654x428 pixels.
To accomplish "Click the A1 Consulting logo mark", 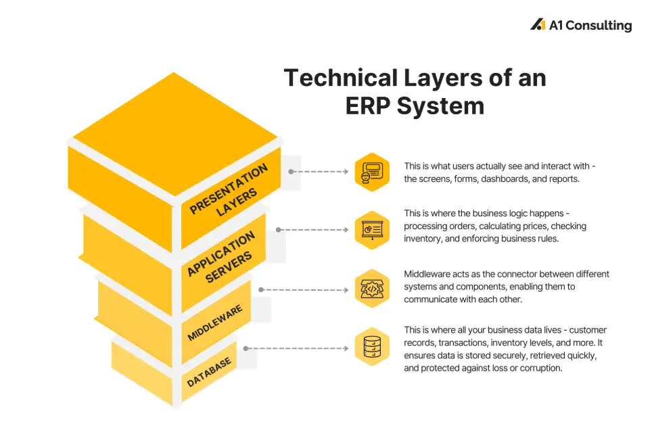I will tap(538, 25).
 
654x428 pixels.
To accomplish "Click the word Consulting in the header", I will tap(598, 26).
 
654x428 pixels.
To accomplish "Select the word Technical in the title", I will tap(340, 78).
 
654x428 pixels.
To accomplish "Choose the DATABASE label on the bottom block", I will tap(210, 372).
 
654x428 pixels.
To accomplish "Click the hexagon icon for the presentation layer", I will tap(371, 172).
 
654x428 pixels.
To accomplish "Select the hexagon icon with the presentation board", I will tap(371, 230).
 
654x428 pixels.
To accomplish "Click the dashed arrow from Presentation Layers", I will tap(319, 172).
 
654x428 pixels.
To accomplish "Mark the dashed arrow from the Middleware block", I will tap(305, 289).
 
